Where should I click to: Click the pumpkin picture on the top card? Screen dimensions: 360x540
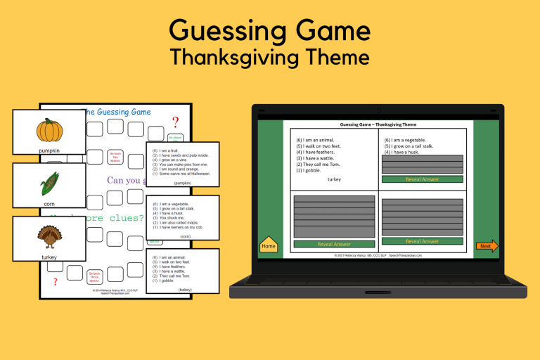point(49,131)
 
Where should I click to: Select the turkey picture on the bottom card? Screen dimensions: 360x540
point(49,237)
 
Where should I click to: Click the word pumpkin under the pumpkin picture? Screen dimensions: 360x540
point(49,150)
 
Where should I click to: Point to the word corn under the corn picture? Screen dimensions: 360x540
point(49,204)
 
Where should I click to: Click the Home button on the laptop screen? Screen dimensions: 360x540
point(269,246)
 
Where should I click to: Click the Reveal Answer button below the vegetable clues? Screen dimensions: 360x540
point(422,179)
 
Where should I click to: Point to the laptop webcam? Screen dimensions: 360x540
point(378,110)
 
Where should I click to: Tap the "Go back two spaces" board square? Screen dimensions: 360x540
point(115,156)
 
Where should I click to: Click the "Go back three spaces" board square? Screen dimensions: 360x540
point(95,274)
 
